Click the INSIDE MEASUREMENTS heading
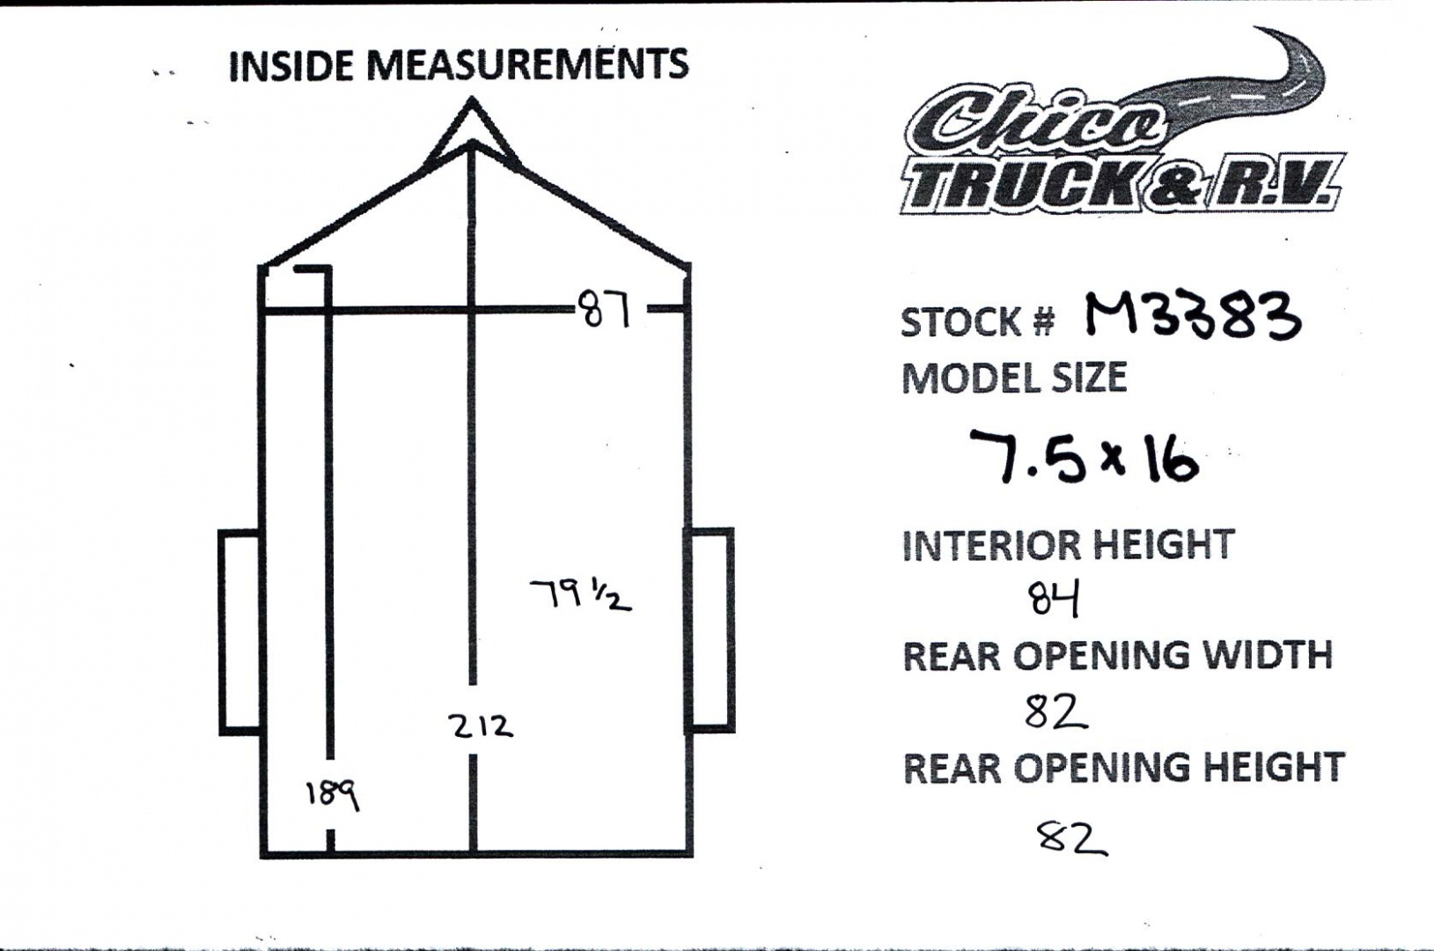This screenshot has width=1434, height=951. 458,65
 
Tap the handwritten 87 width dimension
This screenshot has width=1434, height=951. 605,310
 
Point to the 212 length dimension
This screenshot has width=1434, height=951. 480,726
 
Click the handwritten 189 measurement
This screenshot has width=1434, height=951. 332,795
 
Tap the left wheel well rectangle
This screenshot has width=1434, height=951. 239,630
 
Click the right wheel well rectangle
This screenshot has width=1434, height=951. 710,630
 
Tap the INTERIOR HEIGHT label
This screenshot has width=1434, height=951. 1068,545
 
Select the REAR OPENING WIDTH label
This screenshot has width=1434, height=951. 1117,656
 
